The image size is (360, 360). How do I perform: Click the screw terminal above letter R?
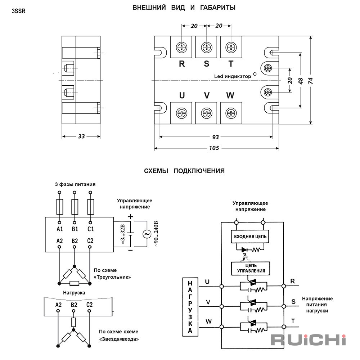[181, 48]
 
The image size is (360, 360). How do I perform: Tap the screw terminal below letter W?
[231, 113]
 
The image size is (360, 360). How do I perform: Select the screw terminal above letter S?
[206, 48]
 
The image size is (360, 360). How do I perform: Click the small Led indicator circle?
[255, 74]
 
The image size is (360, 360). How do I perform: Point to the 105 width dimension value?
[214, 148]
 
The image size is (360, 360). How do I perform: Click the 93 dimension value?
[215, 137]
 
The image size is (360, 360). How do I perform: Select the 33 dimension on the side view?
[81, 136]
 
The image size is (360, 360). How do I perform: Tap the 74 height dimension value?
[310, 81]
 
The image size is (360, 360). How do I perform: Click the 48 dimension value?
[300, 81]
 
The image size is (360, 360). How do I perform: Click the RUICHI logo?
[309, 340]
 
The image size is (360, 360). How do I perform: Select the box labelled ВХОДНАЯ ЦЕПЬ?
[250, 237]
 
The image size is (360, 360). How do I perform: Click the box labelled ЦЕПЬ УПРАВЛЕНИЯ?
[251, 269]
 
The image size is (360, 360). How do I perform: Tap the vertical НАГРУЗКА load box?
[190, 307]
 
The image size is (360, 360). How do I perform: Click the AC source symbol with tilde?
[147, 234]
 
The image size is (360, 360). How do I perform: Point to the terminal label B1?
[75, 229]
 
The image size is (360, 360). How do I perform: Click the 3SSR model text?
[19, 11]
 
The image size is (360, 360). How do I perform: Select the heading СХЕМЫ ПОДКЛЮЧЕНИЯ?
[184, 171]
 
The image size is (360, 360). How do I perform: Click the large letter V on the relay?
[207, 95]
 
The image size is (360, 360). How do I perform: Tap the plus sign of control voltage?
[130, 216]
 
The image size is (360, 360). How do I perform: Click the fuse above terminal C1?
[90, 207]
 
